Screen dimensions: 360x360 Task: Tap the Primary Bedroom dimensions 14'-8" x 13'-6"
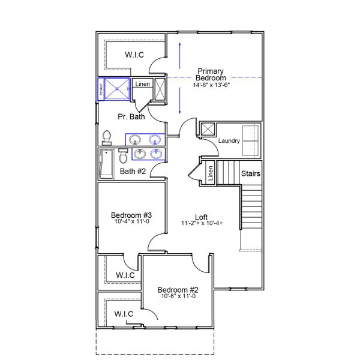[211, 85]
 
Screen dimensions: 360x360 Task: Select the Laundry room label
[229, 141]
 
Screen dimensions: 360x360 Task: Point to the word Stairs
[251, 174]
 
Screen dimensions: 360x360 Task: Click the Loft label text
[202, 217]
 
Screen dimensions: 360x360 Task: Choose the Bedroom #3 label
[131, 215]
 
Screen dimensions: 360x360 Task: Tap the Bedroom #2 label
[179, 290]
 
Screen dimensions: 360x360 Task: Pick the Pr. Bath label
[131, 117]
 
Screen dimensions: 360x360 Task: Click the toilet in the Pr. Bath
[107, 138]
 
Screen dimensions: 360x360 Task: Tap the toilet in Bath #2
[123, 156]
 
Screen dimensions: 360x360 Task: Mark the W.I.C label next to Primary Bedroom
[134, 55]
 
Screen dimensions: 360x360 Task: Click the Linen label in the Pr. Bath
[142, 84]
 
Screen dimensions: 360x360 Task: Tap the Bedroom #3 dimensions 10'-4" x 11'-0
[131, 222]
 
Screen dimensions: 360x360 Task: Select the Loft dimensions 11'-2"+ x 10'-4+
[202, 224]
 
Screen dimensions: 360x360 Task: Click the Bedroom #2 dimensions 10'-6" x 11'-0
[179, 296]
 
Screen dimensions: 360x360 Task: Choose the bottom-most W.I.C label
[124, 314]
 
